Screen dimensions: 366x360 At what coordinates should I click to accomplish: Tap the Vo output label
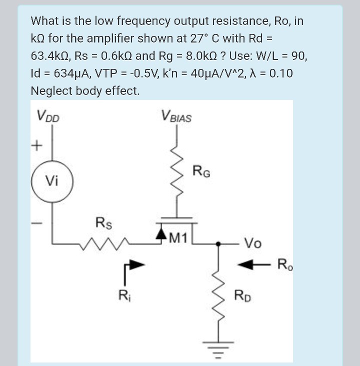[252, 243]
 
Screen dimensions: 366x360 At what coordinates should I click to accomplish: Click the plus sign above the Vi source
[35, 146]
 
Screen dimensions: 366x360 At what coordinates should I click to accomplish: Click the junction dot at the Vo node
[218, 243]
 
